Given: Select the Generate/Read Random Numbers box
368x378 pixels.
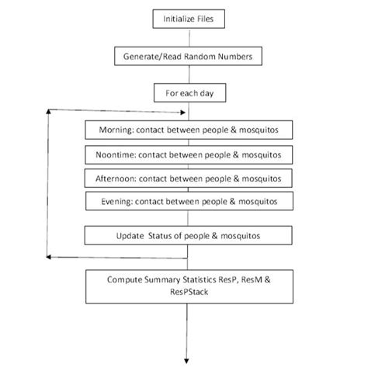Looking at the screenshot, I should [186, 57].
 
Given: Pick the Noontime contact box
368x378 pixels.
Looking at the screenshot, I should [189, 154].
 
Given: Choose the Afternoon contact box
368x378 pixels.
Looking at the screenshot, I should [189, 178].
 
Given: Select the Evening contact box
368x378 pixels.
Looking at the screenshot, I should [189, 202].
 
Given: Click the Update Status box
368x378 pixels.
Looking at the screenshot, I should [189, 235].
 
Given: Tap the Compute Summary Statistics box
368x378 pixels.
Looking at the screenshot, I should [189, 285].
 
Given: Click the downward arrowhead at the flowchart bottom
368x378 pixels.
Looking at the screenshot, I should [186, 359].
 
